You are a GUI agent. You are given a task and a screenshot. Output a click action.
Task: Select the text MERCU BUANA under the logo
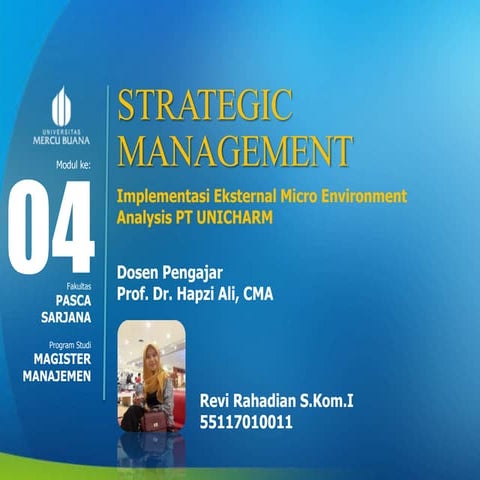point(61,140)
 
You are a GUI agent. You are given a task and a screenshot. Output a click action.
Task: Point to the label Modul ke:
point(73,164)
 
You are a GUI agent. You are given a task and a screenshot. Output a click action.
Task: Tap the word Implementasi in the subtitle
point(160,195)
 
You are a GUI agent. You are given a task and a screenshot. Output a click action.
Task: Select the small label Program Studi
point(68,344)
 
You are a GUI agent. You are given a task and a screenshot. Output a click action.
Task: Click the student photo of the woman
point(152,375)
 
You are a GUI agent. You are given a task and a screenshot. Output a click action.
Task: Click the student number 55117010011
point(247,422)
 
